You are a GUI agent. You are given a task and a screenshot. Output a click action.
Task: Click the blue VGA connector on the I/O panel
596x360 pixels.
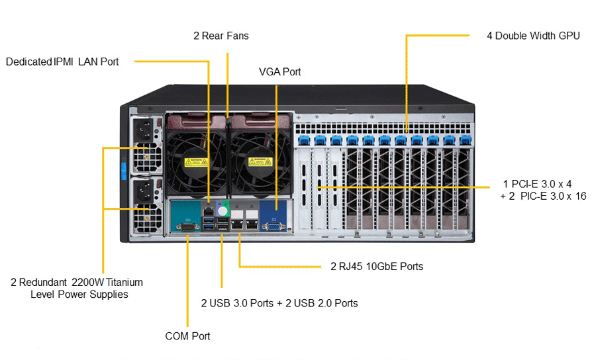(x=274, y=227)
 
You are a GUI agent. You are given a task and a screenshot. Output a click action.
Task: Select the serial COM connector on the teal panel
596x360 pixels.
(x=187, y=228)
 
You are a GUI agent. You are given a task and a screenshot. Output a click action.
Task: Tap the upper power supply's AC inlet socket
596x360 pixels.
(x=145, y=130)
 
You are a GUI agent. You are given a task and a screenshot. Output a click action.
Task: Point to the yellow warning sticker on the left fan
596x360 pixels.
(x=196, y=162)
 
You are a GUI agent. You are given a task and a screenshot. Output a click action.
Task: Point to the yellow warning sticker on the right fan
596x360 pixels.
(x=260, y=161)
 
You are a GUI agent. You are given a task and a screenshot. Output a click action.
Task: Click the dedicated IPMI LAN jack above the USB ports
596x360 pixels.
(x=209, y=211)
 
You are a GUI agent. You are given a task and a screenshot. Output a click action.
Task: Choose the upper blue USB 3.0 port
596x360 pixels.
(x=209, y=220)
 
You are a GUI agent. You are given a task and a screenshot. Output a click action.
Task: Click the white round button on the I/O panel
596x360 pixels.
(x=223, y=211)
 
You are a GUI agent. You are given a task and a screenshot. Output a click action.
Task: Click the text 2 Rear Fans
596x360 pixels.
(x=221, y=36)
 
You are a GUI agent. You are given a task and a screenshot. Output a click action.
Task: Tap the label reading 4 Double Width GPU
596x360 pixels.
(x=533, y=36)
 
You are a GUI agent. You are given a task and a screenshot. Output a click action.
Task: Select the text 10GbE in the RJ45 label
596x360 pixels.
(x=381, y=266)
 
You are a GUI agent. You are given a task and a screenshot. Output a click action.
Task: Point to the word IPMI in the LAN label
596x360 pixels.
(x=64, y=62)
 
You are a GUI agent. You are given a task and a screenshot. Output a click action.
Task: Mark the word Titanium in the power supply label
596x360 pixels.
(x=124, y=282)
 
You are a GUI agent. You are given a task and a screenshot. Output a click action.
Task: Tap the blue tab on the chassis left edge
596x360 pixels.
(x=123, y=171)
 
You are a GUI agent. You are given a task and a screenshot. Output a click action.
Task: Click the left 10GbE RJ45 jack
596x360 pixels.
(x=237, y=224)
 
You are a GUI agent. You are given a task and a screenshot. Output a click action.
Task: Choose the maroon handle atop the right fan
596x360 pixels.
(x=260, y=121)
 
